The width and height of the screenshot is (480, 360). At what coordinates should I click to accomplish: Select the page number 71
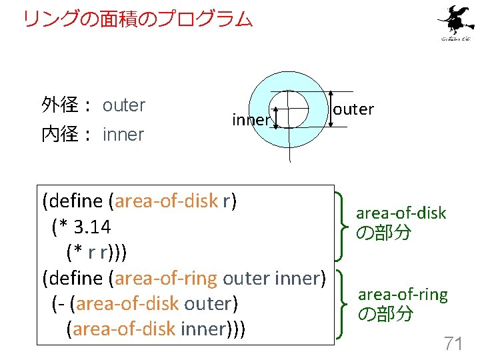coord(453,343)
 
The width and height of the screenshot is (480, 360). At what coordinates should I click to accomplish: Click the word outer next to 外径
coord(124,105)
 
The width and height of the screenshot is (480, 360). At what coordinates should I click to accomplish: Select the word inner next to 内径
coord(123,135)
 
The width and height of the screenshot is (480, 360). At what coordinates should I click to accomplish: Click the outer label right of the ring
coord(353,109)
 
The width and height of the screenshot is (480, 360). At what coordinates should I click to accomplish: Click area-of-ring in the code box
coord(167,277)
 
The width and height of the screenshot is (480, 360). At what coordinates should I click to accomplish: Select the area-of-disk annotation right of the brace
coord(401,213)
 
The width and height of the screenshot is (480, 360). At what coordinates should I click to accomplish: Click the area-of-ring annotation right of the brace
coord(403,294)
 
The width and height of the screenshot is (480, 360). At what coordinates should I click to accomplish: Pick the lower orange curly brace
coord(343,303)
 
